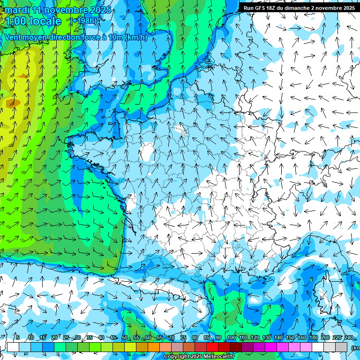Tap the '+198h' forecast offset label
[84, 21]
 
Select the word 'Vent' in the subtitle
[14, 37]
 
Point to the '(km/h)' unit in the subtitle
[136, 37]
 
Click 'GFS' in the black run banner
[262, 8]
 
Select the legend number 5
[17, 337]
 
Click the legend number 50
[125, 337]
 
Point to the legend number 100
[231, 337]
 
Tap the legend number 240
[349, 337]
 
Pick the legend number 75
[183, 337]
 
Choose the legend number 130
[266, 337]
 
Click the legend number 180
[313, 337]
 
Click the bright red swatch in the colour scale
[224, 347]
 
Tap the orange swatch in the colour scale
[154, 347]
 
